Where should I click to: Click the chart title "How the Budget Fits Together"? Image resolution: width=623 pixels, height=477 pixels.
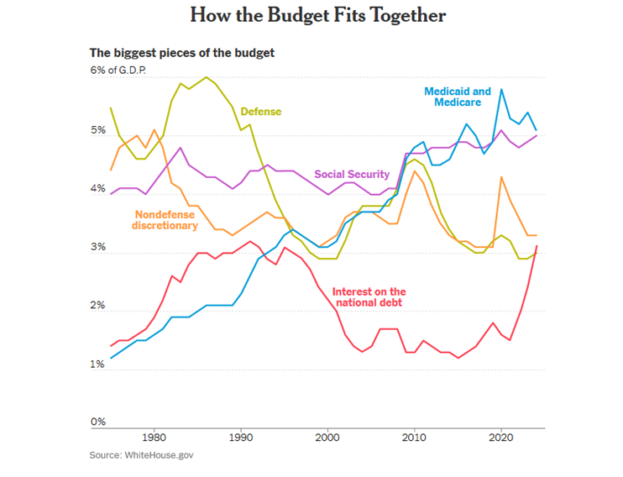tap(317, 16)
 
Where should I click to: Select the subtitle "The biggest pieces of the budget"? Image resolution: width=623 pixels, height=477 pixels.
tap(182, 53)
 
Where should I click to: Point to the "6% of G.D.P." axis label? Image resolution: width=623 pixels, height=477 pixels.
tap(118, 70)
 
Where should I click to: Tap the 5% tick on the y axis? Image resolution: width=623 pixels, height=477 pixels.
tap(99, 131)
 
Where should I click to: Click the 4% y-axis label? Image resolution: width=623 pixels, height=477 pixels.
tap(99, 190)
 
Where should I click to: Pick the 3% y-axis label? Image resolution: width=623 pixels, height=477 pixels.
tap(99, 249)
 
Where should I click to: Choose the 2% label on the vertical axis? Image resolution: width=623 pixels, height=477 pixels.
tap(99, 307)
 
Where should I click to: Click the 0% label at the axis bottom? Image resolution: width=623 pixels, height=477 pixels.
tap(99, 422)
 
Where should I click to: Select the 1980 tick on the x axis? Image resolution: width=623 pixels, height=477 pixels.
tap(154, 438)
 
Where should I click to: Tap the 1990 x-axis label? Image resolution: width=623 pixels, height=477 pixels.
tap(241, 438)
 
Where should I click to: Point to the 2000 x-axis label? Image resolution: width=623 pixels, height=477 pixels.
tap(327, 438)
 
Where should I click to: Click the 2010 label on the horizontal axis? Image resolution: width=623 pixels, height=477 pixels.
tap(414, 438)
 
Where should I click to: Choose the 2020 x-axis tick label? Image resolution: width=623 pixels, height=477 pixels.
tap(501, 438)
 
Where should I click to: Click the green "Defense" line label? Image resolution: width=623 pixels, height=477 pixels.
tap(261, 112)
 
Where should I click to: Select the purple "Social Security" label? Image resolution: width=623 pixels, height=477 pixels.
tap(352, 175)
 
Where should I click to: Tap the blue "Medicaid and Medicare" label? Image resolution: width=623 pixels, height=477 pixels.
tap(458, 97)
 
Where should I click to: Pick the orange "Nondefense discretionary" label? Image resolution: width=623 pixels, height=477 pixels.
tap(165, 220)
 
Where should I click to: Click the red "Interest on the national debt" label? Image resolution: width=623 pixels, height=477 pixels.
tap(369, 296)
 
